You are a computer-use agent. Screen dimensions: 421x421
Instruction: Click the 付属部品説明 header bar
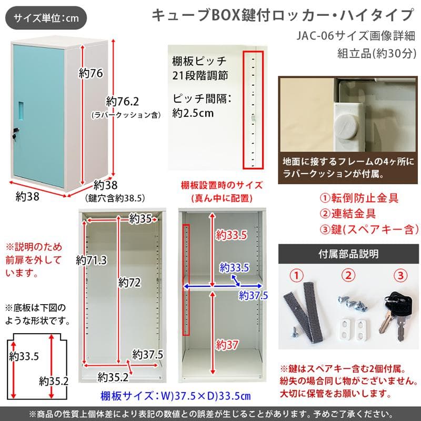[x=348, y=254]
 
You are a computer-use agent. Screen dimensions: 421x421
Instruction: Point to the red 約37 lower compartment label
[x=227, y=345]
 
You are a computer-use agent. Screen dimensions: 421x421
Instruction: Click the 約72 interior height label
[x=130, y=283]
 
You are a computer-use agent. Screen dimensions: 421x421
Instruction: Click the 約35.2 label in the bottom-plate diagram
[x=54, y=380]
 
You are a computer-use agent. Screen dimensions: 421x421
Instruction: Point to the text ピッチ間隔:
[x=202, y=98]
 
